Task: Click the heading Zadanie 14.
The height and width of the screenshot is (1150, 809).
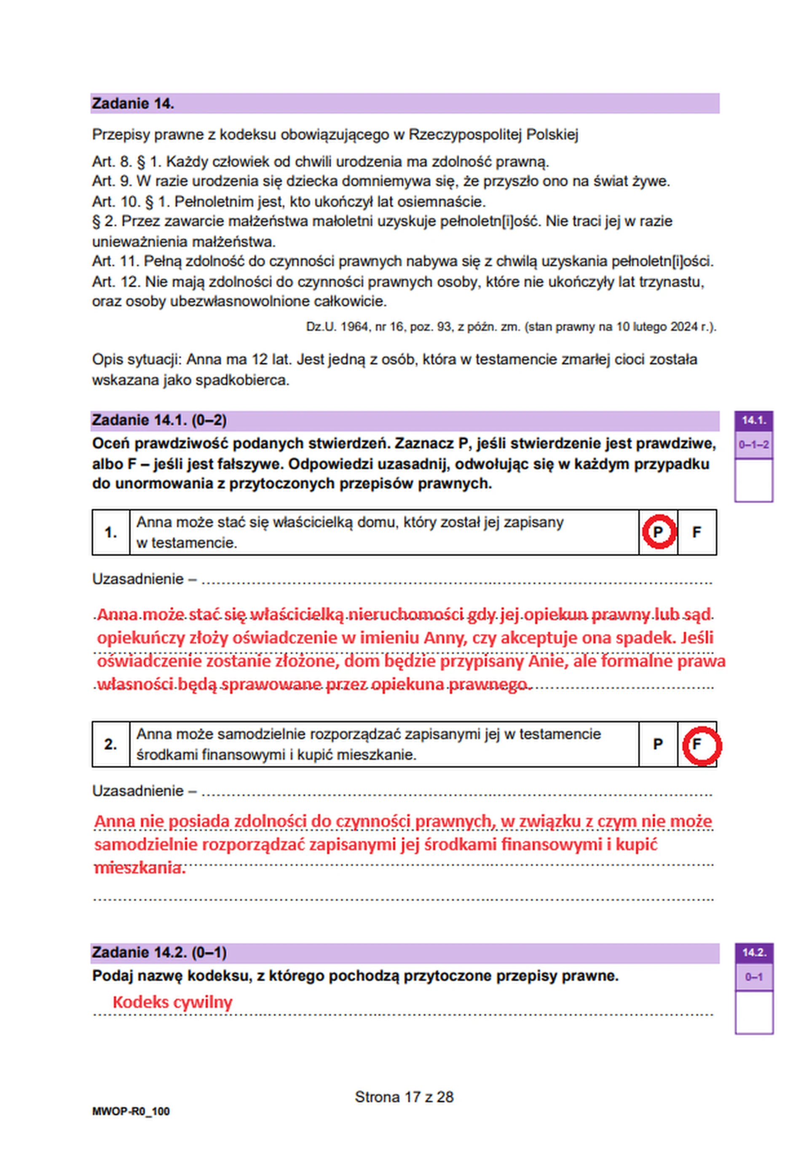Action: click(x=133, y=104)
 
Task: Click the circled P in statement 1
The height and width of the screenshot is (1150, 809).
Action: click(x=658, y=532)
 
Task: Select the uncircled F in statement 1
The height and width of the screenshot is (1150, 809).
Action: click(x=696, y=532)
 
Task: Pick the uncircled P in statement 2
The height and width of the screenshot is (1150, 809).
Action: click(x=658, y=744)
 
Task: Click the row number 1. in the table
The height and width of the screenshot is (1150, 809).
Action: click(x=111, y=532)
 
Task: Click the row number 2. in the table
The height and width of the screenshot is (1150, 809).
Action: click(x=111, y=744)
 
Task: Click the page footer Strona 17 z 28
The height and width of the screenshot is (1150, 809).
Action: click(x=404, y=1097)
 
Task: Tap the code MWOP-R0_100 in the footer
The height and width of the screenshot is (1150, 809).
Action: click(x=131, y=1111)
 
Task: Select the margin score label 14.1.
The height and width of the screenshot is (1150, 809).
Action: click(x=753, y=420)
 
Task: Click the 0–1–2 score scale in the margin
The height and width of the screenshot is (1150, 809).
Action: click(x=753, y=445)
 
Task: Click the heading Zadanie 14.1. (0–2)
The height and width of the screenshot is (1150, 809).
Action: click(x=159, y=420)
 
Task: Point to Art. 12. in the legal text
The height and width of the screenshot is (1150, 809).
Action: click(x=116, y=282)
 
